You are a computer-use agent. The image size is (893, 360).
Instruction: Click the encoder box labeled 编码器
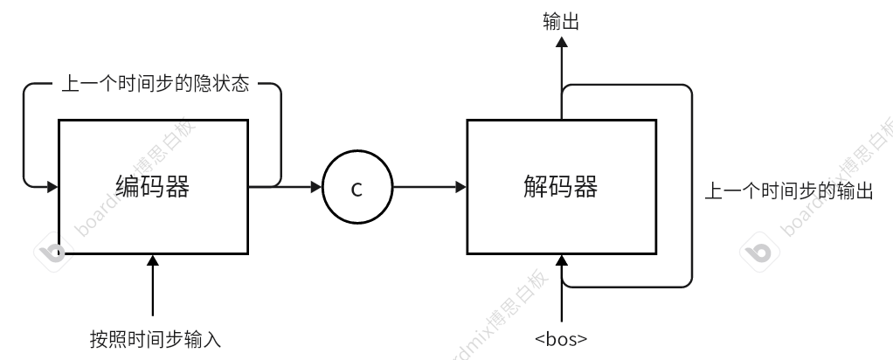click(x=153, y=187)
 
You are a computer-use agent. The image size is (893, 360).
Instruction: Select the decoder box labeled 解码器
click(x=561, y=187)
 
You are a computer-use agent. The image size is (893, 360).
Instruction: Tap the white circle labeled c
click(x=357, y=189)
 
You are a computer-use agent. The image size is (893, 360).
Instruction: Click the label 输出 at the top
click(x=561, y=23)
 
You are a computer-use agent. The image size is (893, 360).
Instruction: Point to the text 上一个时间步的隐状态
click(x=155, y=86)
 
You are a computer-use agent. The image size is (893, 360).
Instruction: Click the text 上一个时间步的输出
click(x=789, y=191)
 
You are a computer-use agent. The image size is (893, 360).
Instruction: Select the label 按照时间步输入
click(x=156, y=339)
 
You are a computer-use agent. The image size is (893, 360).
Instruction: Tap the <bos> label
click(x=560, y=339)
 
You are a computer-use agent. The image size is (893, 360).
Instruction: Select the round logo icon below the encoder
click(x=53, y=253)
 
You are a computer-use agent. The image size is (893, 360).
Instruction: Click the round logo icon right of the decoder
click(x=758, y=253)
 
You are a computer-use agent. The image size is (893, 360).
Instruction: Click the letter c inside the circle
click(x=357, y=189)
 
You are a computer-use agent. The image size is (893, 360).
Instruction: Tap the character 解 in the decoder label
click(x=536, y=187)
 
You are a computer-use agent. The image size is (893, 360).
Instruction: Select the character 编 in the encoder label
click(x=128, y=187)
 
